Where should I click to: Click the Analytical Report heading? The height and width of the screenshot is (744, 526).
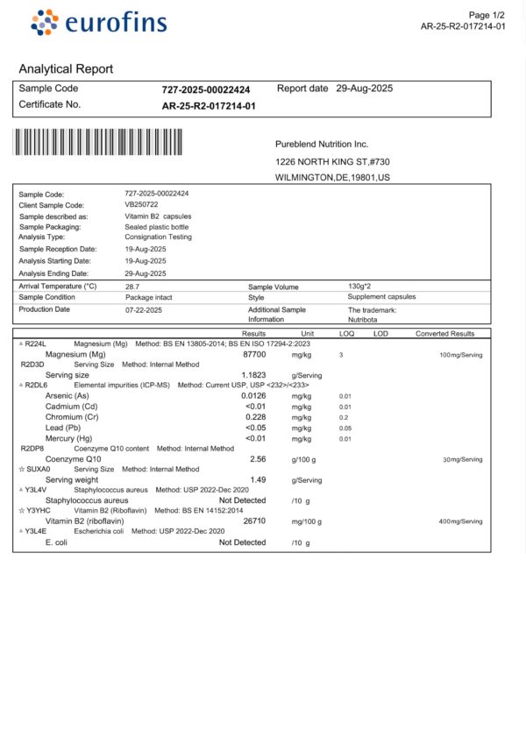(66, 69)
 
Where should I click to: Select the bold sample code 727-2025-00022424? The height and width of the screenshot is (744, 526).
(206, 89)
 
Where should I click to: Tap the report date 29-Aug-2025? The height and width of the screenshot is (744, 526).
(364, 89)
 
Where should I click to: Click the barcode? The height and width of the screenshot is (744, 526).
(98, 141)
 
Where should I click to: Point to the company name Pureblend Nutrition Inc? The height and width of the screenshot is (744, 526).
(322, 144)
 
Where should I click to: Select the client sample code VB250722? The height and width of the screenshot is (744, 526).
(142, 204)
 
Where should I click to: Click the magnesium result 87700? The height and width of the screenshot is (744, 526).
(253, 354)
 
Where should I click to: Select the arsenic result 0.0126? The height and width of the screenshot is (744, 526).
(253, 396)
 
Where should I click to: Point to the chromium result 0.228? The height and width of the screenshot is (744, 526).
(255, 417)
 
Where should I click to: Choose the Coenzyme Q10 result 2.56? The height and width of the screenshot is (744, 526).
(258, 459)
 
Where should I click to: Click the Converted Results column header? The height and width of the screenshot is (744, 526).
(444, 334)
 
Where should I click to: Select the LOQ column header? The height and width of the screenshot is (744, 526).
(346, 334)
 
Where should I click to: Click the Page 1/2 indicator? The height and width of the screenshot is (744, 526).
(487, 15)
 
